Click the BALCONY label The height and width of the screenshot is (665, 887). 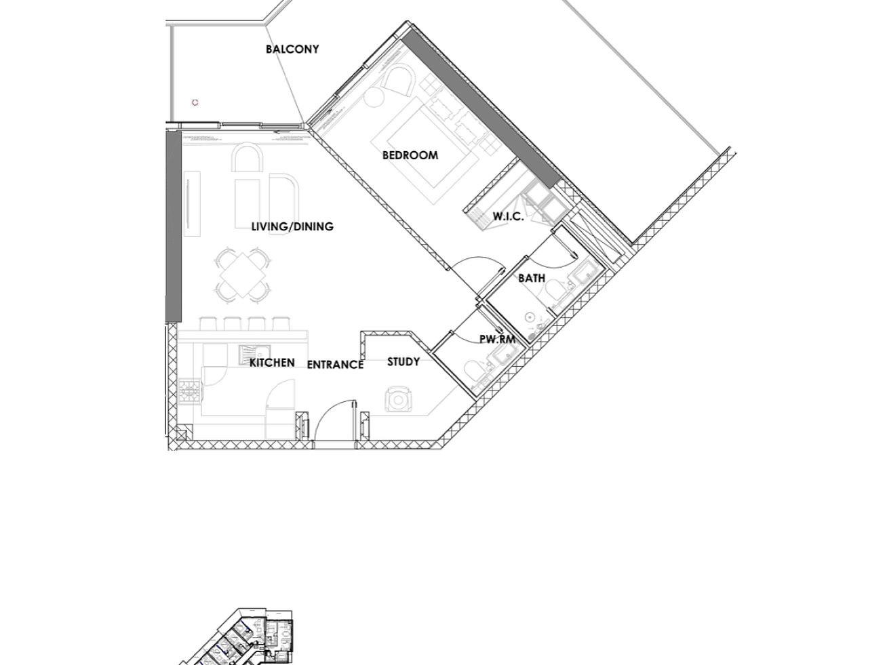coord(292,49)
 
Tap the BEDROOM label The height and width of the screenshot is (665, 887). coord(410,155)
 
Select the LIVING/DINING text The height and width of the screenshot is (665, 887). coord(292,226)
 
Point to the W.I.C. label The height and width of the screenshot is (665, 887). coord(509,217)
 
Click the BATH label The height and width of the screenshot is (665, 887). coord(532,278)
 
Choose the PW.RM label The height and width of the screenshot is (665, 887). coord(498,339)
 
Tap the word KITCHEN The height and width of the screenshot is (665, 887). coord(272,363)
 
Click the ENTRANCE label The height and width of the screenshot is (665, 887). coord(336,365)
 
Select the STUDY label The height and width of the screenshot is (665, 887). coord(403,362)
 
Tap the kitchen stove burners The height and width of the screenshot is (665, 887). coord(189,390)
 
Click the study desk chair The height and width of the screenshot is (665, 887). coord(399,399)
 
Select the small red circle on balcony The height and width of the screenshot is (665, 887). coord(195,102)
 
